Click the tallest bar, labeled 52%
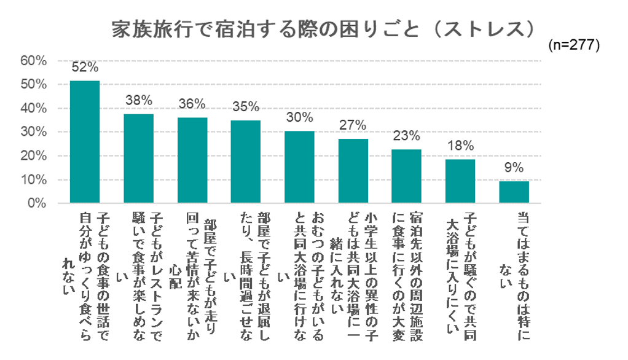pyautogui.click(x=85, y=142)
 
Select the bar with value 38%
pyautogui.click(x=138, y=158)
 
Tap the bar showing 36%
pyautogui.click(x=192, y=160)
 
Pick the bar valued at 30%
pyautogui.click(x=299, y=167)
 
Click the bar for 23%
pyautogui.click(x=406, y=176)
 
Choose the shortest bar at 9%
pyautogui.click(x=514, y=192)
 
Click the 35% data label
pyautogui.click(x=246, y=108)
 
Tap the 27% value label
pyautogui.click(x=353, y=127)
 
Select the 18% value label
pyautogui.click(x=460, y=146)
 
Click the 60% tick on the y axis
pyautogui.click(x=33, y=61)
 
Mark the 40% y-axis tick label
pyautogui.click(x=33, y=108)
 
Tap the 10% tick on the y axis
pyautogui.click(x=33, y=180)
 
